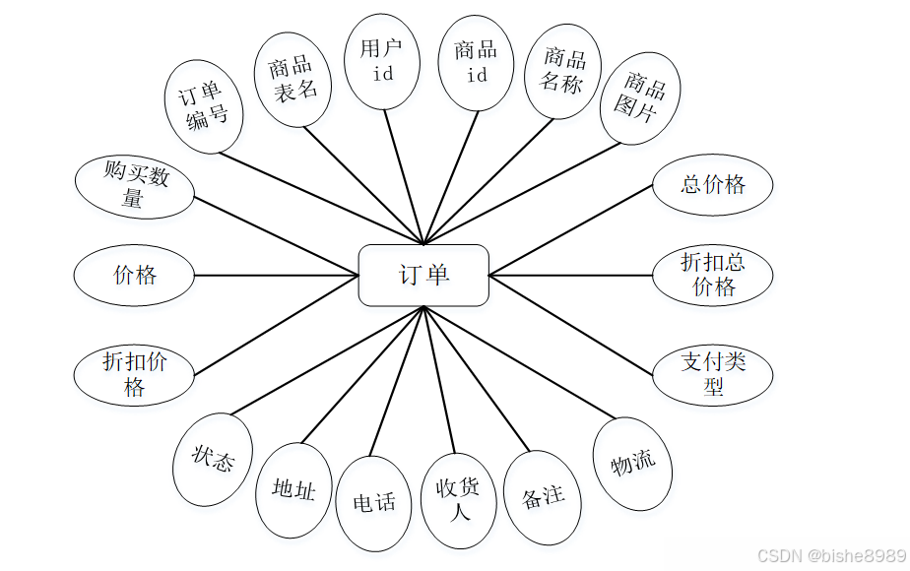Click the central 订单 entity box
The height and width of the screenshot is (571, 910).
(423, 275)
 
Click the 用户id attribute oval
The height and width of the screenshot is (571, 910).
(383, 61)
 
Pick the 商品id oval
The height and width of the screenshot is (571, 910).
(476, 62)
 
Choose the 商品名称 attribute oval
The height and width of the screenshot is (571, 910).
(562, 71)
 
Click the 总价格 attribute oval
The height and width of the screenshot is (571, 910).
(713, 184)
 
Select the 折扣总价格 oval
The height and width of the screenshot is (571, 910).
(713, 276)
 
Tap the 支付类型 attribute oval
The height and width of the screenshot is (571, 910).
(713, 374)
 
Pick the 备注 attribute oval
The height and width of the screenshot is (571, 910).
(543, 498)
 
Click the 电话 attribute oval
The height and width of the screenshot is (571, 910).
(373, 503)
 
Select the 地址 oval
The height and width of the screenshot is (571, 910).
(293, 489)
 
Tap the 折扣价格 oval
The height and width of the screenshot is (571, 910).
(135, 374)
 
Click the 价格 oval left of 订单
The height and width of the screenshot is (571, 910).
(135, 276)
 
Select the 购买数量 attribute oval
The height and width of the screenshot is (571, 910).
(135, 185)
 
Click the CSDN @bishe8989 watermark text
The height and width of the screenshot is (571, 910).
(831, 557)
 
